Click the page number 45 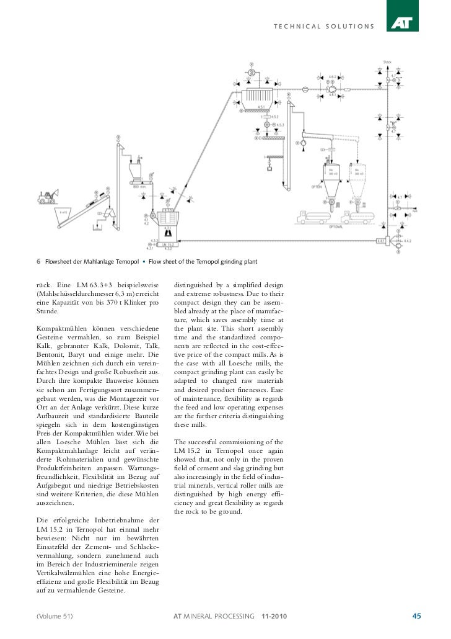pos(416,616)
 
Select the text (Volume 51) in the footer pos(55,616)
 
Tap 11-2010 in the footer pos(274,616)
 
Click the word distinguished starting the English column pos(198,285)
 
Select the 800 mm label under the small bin pos(137,185)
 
